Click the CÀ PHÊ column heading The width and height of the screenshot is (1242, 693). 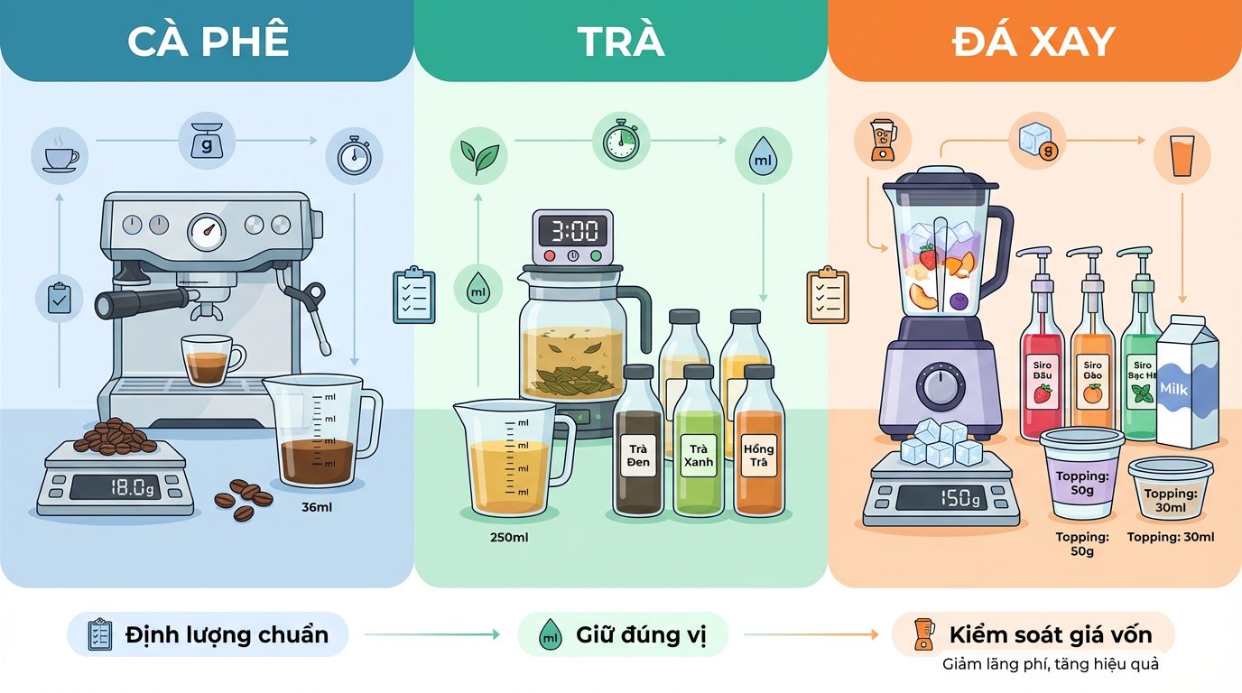pyautogui.click(x=208, y=42)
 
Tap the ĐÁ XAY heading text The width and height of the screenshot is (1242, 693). pyautogui.click(x=1033, y=42)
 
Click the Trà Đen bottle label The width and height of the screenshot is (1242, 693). pyautogui.click(x=638, y=455)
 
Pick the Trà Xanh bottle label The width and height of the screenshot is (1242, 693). pyautogui.click(x=699, y=455)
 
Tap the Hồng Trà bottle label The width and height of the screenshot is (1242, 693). pyautogui.click(x=758, y=455)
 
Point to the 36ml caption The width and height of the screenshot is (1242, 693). pyautogui.click(x=317, y=507)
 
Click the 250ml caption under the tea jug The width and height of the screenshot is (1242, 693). pyautogui.click(x=509, y=538)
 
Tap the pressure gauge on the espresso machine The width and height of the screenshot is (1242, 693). pyautogui.click(x=208, y=231)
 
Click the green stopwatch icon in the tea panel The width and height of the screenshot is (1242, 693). pyautogui.click(x=620, y=141)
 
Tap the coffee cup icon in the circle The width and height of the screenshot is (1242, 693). pyautogui.click(x=60, y=156)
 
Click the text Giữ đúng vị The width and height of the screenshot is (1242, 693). pyautogui.click(x=641, y=635)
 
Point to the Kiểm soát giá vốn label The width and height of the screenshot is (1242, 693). pyautogui.click(x=1051, y=634)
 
